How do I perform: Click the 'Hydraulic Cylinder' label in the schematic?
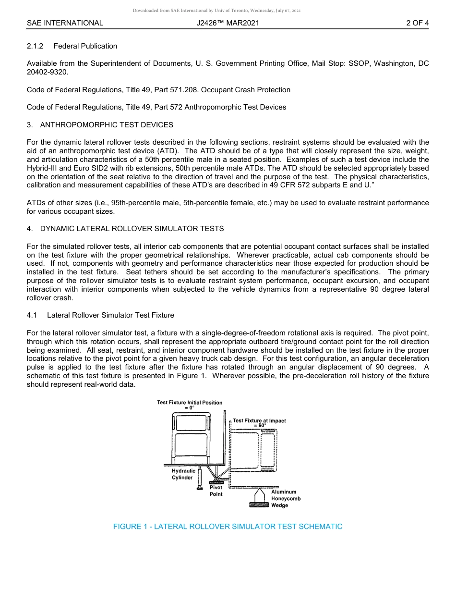183,474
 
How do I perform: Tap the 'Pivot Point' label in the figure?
216,491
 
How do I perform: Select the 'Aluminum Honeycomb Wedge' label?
286,499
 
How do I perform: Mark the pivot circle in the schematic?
216,479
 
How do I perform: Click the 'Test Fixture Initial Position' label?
190,403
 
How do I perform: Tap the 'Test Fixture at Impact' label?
259,420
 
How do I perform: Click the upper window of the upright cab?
191,423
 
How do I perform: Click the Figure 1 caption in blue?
228,527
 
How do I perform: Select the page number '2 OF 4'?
417,23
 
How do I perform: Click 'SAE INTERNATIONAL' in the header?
65,23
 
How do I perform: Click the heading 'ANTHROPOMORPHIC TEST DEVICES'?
107,125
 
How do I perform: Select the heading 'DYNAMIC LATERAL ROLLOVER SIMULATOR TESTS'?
132,229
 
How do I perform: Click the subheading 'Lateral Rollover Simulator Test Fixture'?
110,315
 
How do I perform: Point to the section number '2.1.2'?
35,46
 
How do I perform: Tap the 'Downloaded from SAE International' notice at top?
216,11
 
